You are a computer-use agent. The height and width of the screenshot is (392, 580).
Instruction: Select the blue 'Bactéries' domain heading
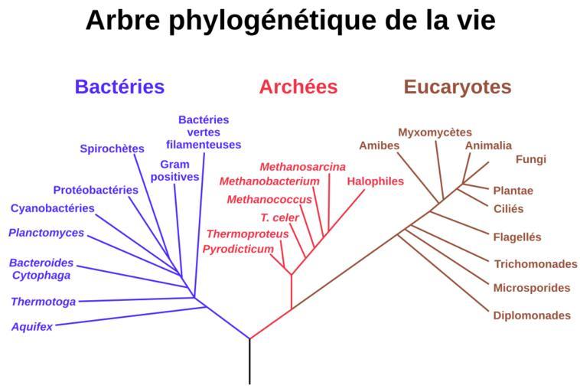[x=119, y=87]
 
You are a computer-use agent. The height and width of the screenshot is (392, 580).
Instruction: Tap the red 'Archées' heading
[x=298, y=87]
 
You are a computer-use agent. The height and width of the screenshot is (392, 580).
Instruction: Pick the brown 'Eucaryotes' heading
[x=457, y=87]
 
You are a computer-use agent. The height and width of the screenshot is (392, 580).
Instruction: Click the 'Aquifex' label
[x=32, y=327]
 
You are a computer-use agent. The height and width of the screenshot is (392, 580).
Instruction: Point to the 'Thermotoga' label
[x=44, y=302]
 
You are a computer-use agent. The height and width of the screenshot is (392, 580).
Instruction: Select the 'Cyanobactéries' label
[x=53, y=208]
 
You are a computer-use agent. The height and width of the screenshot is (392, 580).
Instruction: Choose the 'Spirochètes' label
[x=112, y=149]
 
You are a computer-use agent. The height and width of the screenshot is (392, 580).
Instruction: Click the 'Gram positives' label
[x=174, y=171]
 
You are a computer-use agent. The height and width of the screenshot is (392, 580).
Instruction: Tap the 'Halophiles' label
[x=375, y=181]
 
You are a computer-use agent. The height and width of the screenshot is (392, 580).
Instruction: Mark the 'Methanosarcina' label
[x=302, y=166]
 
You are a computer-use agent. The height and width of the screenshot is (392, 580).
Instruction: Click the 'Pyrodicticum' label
[x=238, y=249]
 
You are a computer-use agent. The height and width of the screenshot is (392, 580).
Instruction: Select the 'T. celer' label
[x=279, y=217]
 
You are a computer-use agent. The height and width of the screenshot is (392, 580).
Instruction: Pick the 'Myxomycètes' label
[x=435, y=132]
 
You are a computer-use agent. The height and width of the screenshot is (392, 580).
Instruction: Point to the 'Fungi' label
[x=530, y=159]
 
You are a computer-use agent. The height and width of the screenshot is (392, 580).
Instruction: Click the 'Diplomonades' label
[x=532, y=315]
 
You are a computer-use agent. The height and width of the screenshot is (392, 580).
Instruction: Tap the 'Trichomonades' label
[x=536, y=264]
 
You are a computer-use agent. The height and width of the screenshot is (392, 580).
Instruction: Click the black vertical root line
[x=249, y=361]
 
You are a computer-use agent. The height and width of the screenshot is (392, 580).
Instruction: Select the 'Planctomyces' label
[x=47, y=233]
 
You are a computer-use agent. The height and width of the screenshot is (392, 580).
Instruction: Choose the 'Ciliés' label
[x=508, y=208]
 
